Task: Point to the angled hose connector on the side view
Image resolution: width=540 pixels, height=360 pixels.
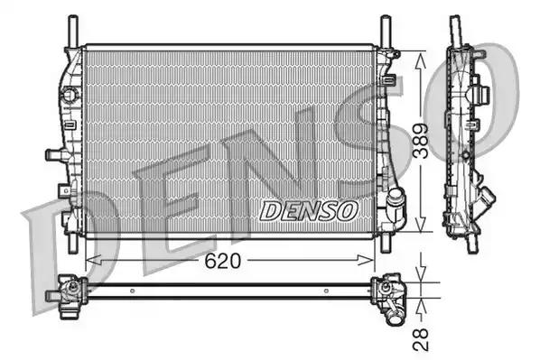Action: (x=489, y=196)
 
